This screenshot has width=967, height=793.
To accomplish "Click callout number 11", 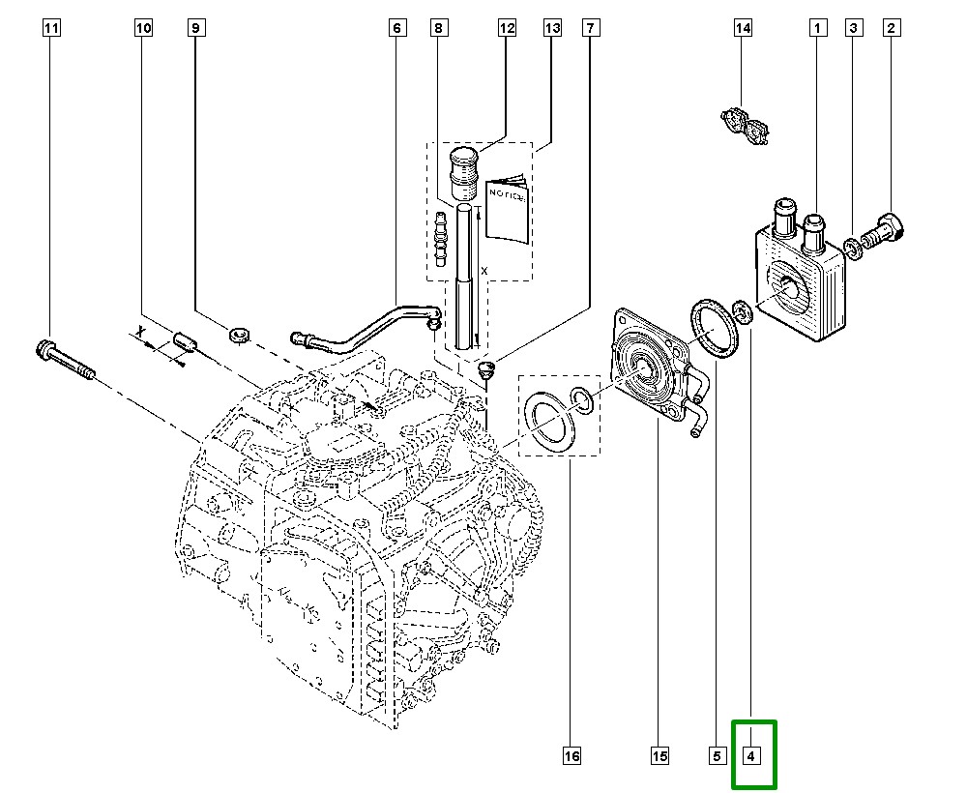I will coord(52,29).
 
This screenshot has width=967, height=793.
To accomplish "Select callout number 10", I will coord(143,29).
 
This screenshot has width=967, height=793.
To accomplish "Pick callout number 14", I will coord(743,29).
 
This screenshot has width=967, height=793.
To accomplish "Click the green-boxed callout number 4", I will coord(754,755).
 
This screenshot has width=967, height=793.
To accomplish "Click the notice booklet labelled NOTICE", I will coord(506,207).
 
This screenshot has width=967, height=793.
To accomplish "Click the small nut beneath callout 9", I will coord(240,337).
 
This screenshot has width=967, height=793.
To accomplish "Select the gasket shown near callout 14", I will coord(744,126).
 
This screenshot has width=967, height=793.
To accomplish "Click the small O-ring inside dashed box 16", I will coord(583,399).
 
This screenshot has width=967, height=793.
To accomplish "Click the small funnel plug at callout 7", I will coord(487,369).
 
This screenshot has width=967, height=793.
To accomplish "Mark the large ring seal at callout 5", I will coord(713,329).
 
